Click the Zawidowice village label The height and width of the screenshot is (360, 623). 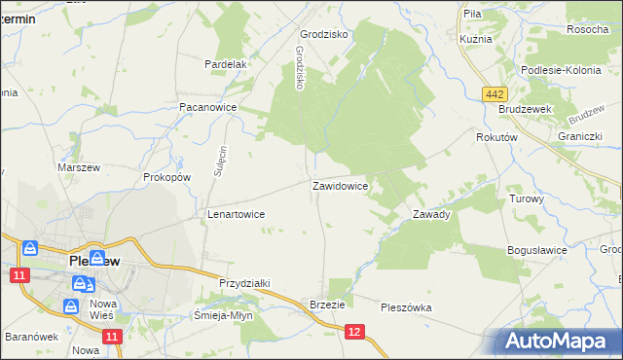click(x=339, y=185)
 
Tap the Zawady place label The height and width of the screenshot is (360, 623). click(x=431, y=214)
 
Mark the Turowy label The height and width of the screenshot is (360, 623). click(x=526, y=198)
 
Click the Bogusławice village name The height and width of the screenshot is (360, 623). click(x=536, y=250)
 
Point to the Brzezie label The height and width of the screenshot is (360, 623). click(x=327, y=304)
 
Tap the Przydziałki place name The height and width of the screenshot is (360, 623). click(x=244, y=282)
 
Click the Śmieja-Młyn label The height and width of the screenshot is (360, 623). click(x=223, y=315)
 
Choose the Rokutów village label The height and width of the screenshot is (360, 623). click(x=495, y=138)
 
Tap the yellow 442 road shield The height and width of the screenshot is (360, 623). click(x=495, y=92)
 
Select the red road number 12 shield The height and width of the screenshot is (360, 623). click(x=354, y=333)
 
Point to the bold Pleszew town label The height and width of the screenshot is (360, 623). click(x=94, y=262)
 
